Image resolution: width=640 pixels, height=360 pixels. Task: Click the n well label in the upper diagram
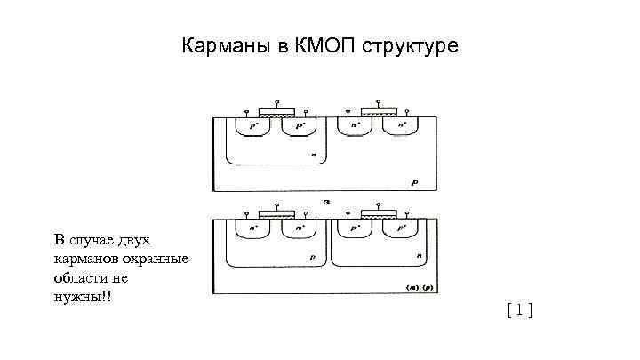pos(313,155)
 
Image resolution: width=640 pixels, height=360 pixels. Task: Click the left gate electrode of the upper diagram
pos(277,113)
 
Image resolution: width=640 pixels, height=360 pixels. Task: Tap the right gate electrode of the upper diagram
pos(380,113)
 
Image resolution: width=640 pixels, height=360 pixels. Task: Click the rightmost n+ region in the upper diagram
pos(404,125)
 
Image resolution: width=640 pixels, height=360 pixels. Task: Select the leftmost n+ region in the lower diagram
pos(254,228)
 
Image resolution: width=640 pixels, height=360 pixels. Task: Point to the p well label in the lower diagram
pos(313,255)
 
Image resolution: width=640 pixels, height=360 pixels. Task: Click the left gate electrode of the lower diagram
pos(277,215)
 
